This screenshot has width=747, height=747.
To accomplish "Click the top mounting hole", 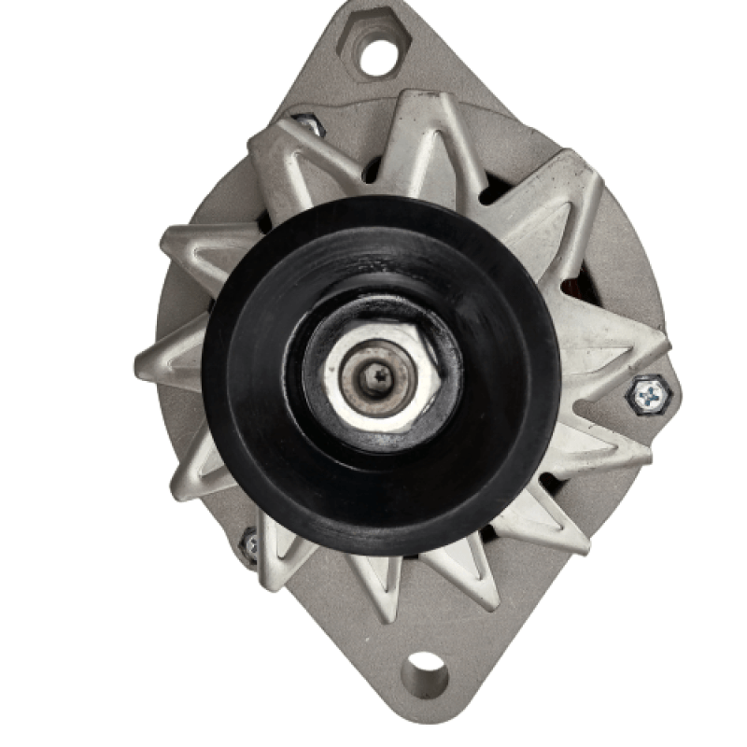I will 378,55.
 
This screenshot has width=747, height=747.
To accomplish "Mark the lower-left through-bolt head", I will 249,544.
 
